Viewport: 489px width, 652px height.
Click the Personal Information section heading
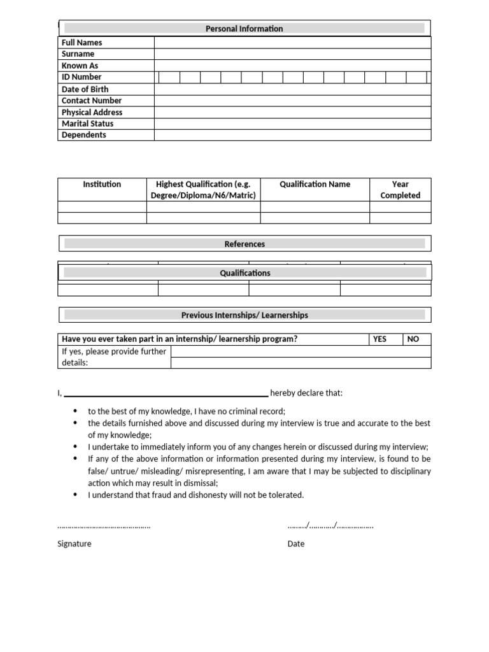[x=244, y=29]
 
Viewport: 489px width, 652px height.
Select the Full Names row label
[x=81, y=43]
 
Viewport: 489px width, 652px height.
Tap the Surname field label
[x=78, y=54]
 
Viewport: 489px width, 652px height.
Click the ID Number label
[x=81, y=77]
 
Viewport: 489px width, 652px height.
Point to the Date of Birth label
[x=85, y=89]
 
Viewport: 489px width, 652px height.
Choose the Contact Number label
[x=91, y=101]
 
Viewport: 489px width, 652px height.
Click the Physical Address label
[x=92, y=112]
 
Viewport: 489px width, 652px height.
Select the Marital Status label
[x=87, y=124]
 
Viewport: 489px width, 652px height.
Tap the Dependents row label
[x=83, y=135]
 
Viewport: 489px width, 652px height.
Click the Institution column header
[x=102, y=184]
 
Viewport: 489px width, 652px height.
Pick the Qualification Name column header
[x=315, y=184]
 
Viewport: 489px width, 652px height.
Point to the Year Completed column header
[x=400, y=190]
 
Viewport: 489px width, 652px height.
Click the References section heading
[x=244, y=244]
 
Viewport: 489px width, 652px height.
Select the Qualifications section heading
[x=244, y=273]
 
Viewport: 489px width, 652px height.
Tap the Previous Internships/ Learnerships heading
[x=244, y=315]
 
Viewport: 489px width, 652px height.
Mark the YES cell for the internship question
[x=379, y=339]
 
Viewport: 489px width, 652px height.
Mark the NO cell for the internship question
[x=413, y=339]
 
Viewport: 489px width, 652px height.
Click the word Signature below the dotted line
[x=74, y=544]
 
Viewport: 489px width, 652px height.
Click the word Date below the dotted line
[x=296, y=544]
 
